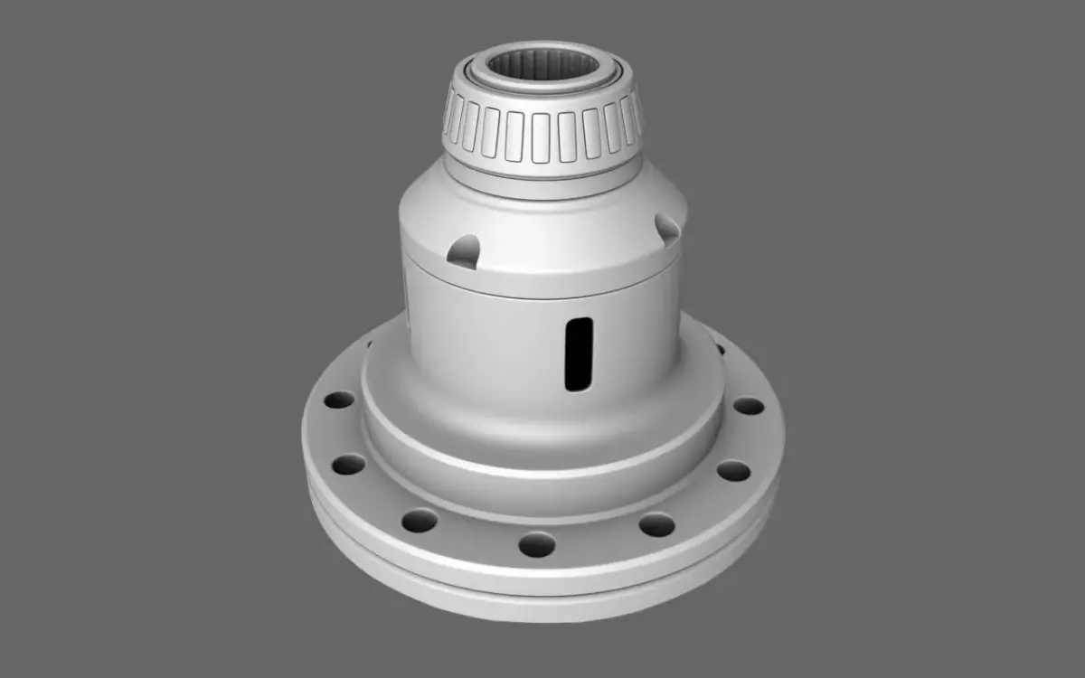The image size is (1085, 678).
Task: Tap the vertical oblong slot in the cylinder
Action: (578, 353)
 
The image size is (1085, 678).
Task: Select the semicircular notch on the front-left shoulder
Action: (464, 250)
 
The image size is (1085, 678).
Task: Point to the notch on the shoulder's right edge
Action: (666, 230)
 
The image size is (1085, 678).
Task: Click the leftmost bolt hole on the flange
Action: (339, 400)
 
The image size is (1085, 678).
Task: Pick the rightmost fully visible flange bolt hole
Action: (748, 406)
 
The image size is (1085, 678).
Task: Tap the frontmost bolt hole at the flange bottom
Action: (536, 544)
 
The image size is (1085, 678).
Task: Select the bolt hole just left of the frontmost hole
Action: (420, 520)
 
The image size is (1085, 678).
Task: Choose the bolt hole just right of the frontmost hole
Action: (656, 524)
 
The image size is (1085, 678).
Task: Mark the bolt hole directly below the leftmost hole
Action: (348, 465)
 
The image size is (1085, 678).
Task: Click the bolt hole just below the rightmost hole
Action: (733, 471)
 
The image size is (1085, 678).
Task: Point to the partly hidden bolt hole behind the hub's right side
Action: (720, 347)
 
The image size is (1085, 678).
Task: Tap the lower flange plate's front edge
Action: (542, 600)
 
